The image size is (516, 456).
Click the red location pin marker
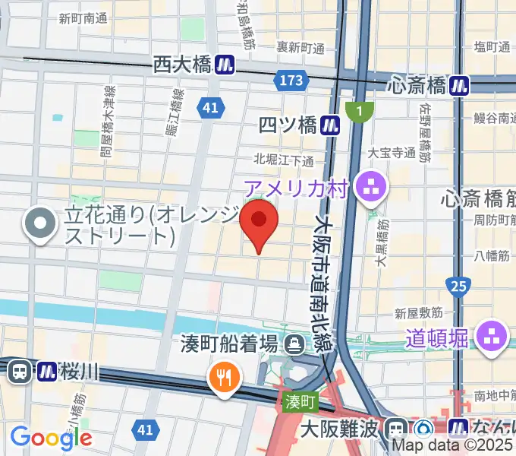[258, 221]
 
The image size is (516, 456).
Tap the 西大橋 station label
[181, 65]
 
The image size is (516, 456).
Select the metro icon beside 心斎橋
[458, 84]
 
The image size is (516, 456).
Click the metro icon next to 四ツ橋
[329, 125]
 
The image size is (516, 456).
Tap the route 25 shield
[458, 286]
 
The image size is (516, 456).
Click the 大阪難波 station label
[338, 429]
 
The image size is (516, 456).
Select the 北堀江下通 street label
[283, 160]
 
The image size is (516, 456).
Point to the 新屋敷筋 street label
[418, 312]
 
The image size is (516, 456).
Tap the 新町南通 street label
[83, 18]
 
